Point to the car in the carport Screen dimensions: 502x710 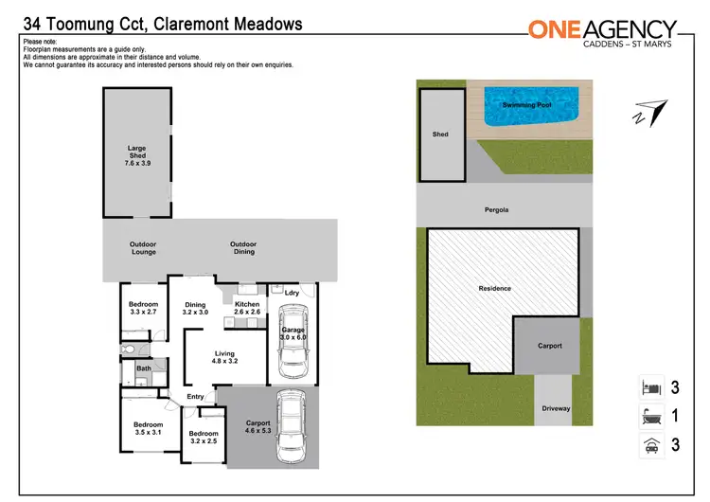tap(292, 432)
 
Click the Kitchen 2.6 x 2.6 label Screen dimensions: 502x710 tap(247, 308)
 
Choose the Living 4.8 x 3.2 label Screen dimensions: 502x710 tap(224, 357)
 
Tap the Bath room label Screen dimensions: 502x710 tap(144, 368)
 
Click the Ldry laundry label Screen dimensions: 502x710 tap(292, 293)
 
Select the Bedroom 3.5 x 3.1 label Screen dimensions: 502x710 tap(149, 428)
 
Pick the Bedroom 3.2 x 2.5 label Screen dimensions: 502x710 tap(204, 438)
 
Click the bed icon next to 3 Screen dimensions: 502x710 tap(648, 387)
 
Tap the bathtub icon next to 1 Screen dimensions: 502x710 tap(648, 415)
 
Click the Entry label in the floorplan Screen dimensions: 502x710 tap(196, 396)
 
